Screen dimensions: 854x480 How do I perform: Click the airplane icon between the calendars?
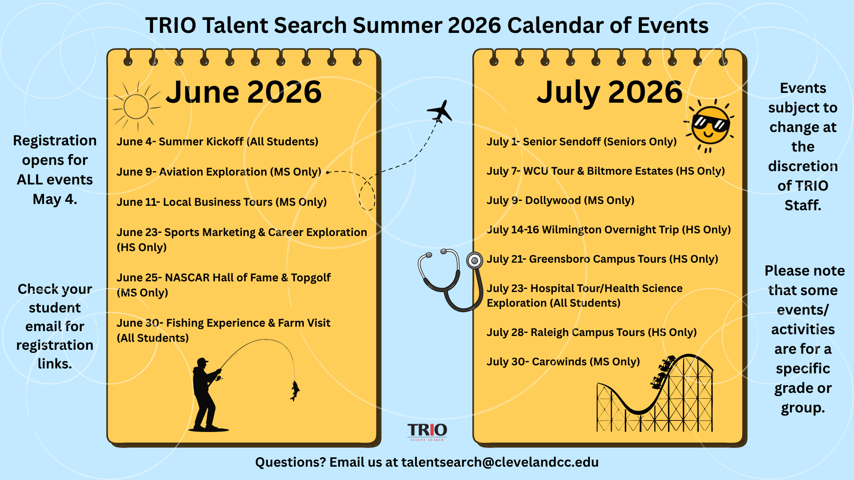[x=440, y=111]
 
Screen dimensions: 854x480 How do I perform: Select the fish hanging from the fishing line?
[x=294, y=391]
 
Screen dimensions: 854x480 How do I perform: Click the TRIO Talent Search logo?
[x=427, y=431]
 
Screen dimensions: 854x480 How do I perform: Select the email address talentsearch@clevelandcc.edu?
[x=500, y=462]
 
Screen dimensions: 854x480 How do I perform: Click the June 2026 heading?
[x=244, y=92]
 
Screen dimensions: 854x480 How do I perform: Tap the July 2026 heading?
[x=609, y=92]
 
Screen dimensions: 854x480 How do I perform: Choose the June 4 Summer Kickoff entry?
[x=218, y=142]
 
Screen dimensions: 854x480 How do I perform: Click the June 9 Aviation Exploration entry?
[x=219, y=172]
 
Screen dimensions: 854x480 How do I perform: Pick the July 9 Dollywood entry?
[x=560, y=200]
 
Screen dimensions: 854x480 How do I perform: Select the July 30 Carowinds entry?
[x=563, y=362]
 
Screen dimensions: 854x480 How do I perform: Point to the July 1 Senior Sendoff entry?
[x=582, y=142]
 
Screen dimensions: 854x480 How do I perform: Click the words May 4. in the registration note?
[x=55, y=199]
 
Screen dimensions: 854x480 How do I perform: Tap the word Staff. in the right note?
[x=803, y=205]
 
